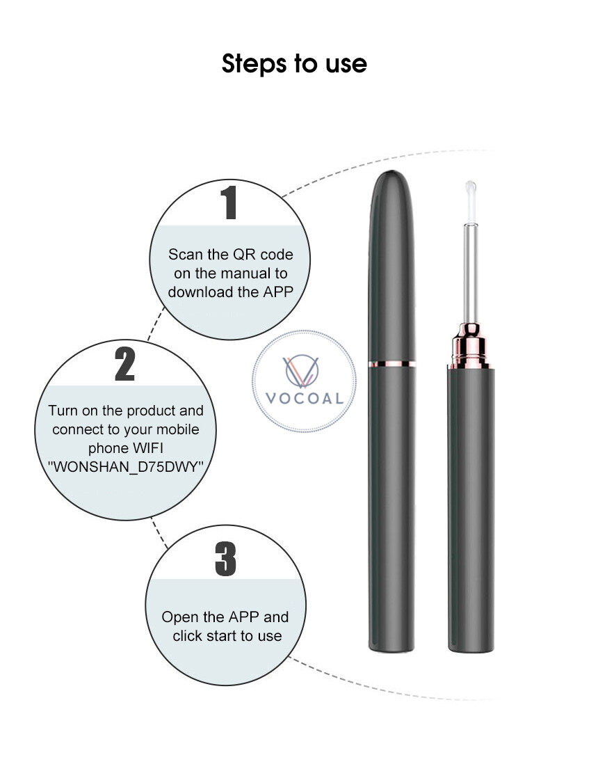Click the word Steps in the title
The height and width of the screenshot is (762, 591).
coord(254,64)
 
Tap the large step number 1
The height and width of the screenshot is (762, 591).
coord(229,203)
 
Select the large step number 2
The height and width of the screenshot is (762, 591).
coord(124,363)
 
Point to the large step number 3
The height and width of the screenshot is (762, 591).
coord(226,559)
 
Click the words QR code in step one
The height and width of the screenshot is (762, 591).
coord(263,254)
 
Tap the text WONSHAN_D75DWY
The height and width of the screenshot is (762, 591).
coord(125,466)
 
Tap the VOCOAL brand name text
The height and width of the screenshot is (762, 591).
coord(305,399)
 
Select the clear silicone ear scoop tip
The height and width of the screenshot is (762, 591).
coord(470,201)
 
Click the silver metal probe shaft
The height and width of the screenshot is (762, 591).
coord(470,273)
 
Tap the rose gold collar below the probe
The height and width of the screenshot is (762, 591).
coord(469,345)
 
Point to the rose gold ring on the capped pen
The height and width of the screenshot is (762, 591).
coord(391,363)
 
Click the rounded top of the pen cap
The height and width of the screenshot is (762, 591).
coord(392,184)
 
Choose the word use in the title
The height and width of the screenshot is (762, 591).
coord(346,65)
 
